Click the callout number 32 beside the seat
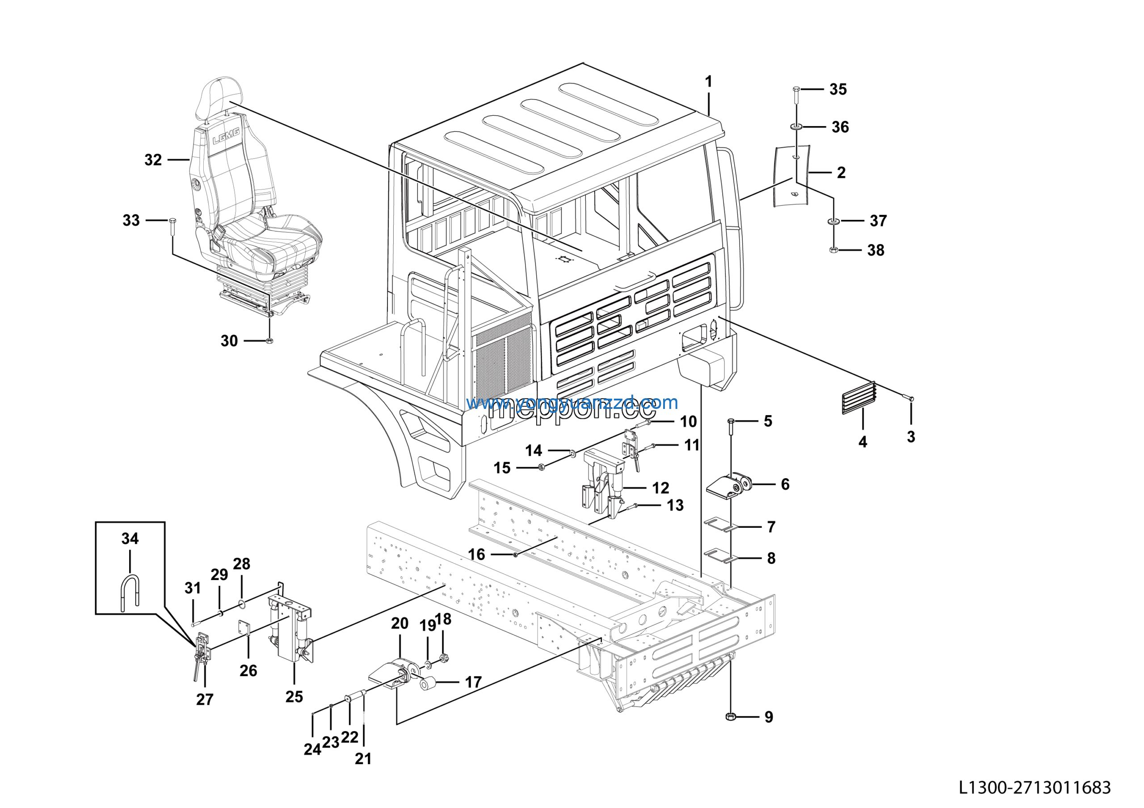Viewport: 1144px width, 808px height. (x=153, y=160)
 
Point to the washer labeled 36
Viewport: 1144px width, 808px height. (x=796, y=127)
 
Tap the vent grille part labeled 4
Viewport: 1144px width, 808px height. (x=858, y=398)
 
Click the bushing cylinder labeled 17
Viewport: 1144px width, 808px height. (x=427, y=685)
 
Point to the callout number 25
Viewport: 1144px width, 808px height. (x=294, y=696)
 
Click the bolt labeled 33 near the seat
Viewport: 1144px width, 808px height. (x=172, y=227)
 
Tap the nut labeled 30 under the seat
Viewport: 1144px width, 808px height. (x=269, y=341)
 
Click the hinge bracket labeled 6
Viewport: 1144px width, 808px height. (x=730, y=485)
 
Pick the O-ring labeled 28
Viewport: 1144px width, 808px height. (x=242, y=605)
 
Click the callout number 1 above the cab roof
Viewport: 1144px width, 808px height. (x=709, y=81)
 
